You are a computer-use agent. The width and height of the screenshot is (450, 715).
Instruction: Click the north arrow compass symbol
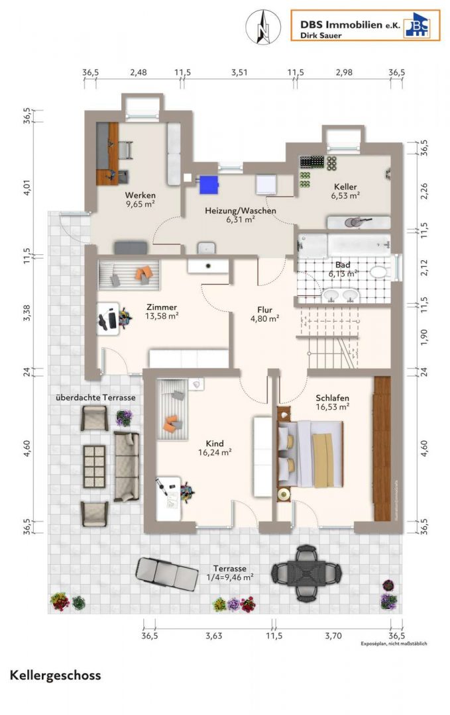(263, 27)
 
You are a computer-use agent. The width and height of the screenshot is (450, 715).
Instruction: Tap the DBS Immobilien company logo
(366, 26)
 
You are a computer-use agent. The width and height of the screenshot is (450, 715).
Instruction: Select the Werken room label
(140, 195)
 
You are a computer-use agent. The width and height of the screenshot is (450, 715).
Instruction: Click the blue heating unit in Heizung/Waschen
(209, 184)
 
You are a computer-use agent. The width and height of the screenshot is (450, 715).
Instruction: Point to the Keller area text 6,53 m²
(345, 195)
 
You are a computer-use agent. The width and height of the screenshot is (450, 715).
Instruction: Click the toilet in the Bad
(378, 272)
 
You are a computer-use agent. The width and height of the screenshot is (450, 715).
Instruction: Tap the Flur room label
(264, 310)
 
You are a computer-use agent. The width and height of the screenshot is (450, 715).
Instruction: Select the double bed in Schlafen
(310, 454)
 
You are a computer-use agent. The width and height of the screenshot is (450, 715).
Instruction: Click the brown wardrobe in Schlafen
(382, 449)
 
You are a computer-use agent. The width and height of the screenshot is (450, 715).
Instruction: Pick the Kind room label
(215, 443)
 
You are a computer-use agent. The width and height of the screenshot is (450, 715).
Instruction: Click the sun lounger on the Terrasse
(167, 572)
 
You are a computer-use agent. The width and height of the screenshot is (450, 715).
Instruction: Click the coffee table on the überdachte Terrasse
(95, 467)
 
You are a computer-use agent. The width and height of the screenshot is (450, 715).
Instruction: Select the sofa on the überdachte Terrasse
(127, 467)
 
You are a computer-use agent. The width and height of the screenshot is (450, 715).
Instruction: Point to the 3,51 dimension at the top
(239, 72)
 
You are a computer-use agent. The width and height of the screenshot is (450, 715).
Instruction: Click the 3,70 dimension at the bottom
(333, 636)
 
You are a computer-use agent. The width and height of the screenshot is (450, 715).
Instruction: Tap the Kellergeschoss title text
(55, 675)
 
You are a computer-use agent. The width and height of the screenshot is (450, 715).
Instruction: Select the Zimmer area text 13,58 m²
(162, 316)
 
